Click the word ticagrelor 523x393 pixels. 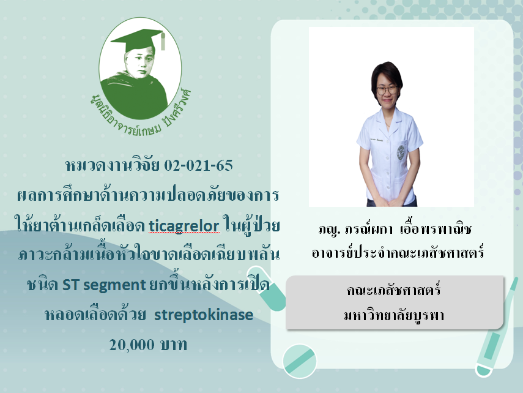pyautogui.click(x=184, y=226)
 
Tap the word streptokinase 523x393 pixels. pyautogui.click(x=204, y=315)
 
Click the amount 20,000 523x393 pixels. pyautogui.click(x=132, y=345)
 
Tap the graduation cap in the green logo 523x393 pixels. pyautogui.click(x=138, y=40)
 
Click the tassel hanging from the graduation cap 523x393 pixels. pyautogui.click(x=163, y=42)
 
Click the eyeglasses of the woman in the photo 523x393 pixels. pyautogui.click(x=387, y=90)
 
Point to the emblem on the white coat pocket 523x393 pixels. pyautogui.click(x=401, y=152)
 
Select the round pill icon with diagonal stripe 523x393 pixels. pyautogui.click(x=300, y=361)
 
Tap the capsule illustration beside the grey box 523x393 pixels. pyautogui.click(x=267, y=288)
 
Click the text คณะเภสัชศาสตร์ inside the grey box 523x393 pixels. pyautogui.click(x=394, y=290)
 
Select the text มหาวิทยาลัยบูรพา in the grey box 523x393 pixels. pyautogui.click(x=394, y=315)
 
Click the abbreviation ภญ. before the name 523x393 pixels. pyautogui.click(x=329, y=230)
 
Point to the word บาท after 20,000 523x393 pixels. pyautogui.click(x=174, y=345)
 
